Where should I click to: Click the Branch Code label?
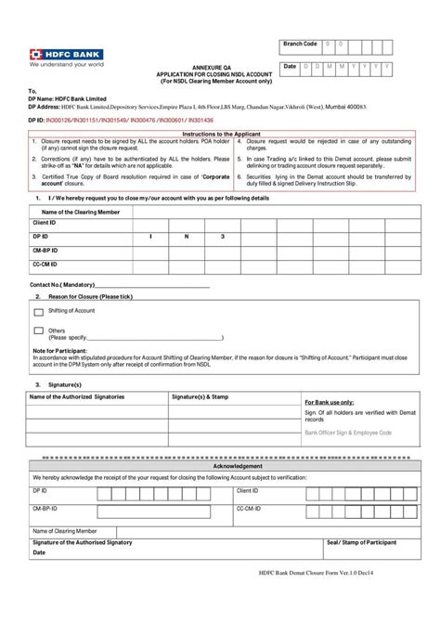coord(300,44)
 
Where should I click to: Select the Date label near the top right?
coord(291,67)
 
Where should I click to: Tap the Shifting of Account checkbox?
coord(38,311)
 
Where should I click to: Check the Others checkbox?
coord(38,330)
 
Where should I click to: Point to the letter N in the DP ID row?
coord(186,238)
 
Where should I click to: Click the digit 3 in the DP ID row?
coord(222,238)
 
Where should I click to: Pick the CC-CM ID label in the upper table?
coord(46,264)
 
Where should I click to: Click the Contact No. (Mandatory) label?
coord(62,284)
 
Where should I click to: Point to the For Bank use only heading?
coord(329,402)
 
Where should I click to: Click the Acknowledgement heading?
coord(219,467)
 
